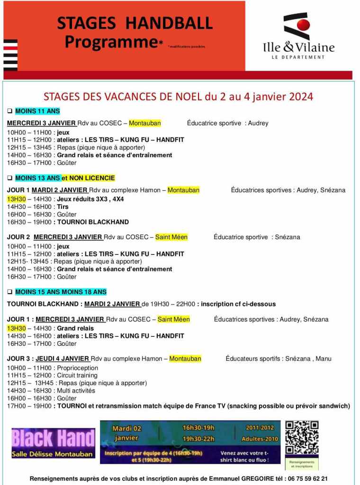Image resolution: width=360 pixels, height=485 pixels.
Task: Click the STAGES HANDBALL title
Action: point(135,23)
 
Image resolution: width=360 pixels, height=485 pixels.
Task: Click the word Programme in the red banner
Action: point(111,42)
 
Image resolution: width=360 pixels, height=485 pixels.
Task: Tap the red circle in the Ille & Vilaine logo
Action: point(303,25)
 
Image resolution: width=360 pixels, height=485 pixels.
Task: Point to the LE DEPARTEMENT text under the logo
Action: point(298,57)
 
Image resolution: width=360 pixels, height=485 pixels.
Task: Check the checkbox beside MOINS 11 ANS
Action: point(9,111)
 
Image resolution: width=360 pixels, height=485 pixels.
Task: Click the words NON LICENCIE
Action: point(93,178)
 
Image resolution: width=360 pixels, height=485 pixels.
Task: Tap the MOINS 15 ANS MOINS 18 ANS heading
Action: point(61,292)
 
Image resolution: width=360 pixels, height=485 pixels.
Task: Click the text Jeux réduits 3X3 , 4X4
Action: point(90,199)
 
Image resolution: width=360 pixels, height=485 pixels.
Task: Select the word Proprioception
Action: point(78,368)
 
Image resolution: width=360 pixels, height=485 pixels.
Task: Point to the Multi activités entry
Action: point(76,391)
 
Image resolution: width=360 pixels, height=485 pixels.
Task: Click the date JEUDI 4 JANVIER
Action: point(61,359)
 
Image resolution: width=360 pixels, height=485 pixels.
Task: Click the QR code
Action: point(301,438)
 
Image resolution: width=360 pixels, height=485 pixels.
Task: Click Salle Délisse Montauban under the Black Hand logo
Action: point(53,454)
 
